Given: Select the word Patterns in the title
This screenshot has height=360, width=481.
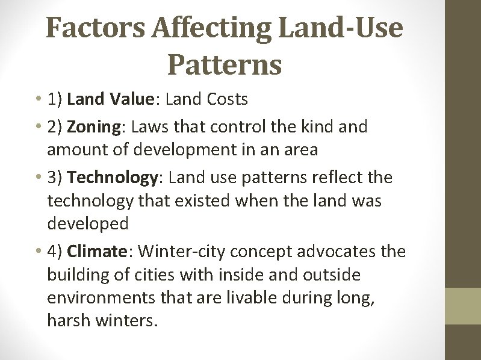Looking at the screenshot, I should (225, 64).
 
